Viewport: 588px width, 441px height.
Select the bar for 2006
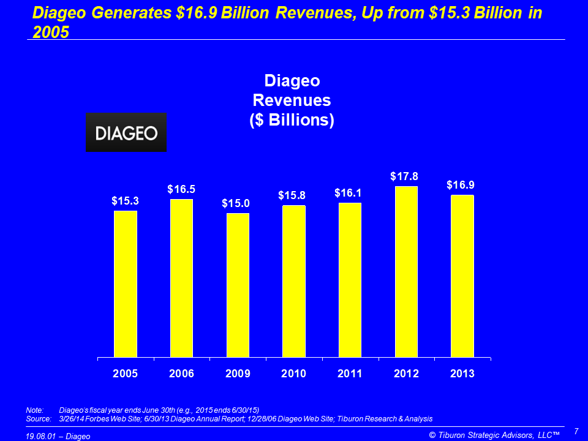[x=181, y=278]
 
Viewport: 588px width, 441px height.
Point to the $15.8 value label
[x=292, y=195]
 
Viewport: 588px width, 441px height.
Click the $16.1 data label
[x=348, y=193]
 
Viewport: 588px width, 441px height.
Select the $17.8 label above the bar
[x=404, y=176]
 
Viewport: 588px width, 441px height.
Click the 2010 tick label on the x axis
[x=293, y=374]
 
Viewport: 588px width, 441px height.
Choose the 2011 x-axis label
[x=350, y=374]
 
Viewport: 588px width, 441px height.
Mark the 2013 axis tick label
[x=462, y=374]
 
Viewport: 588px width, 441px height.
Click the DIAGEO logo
[x=126, y=132]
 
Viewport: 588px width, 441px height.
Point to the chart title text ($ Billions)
[x=292, y=120]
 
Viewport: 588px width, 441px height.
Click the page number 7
[x=576, y=431]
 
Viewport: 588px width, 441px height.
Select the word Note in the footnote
[x=35, y=410]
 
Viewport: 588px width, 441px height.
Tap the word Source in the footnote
[x=39, y=419]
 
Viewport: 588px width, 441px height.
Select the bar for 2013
[x=462, y=276]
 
